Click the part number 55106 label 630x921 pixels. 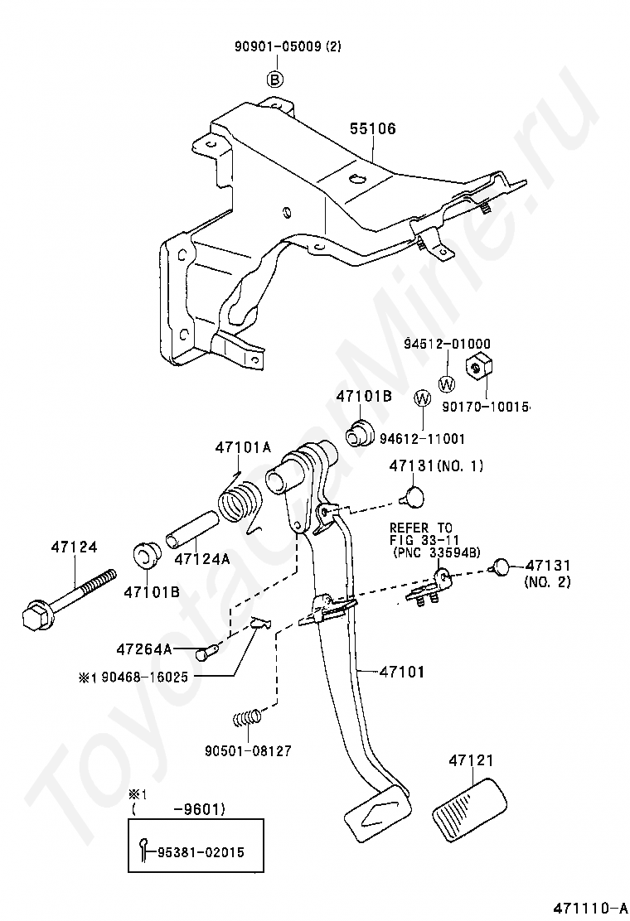pos(372,128)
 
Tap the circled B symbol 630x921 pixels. pos(275,80)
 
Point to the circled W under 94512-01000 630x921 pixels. pos(447,384)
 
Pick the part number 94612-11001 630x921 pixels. pos(422,438)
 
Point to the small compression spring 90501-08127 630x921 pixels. pos(246,718)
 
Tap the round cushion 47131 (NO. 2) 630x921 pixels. pos(502,567)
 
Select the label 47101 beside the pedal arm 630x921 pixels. pos(402,672)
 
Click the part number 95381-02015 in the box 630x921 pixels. pos(201,851)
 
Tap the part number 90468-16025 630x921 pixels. pos(144,677)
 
